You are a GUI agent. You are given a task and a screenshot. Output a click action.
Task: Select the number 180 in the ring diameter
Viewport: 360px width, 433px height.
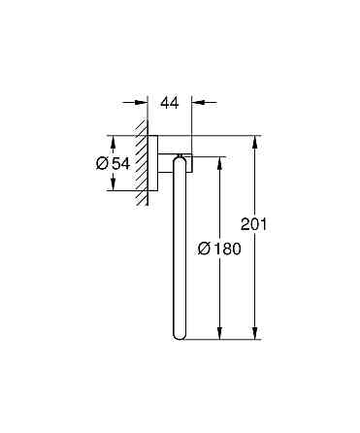tap(227, 250)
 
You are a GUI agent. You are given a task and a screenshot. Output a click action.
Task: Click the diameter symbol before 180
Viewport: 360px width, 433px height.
tap(205, 250)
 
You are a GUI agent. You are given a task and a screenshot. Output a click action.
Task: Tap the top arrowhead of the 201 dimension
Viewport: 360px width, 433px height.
tap(256, 139)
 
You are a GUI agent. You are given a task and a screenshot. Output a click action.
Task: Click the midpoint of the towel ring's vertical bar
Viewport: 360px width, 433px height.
tap(178, 248)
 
